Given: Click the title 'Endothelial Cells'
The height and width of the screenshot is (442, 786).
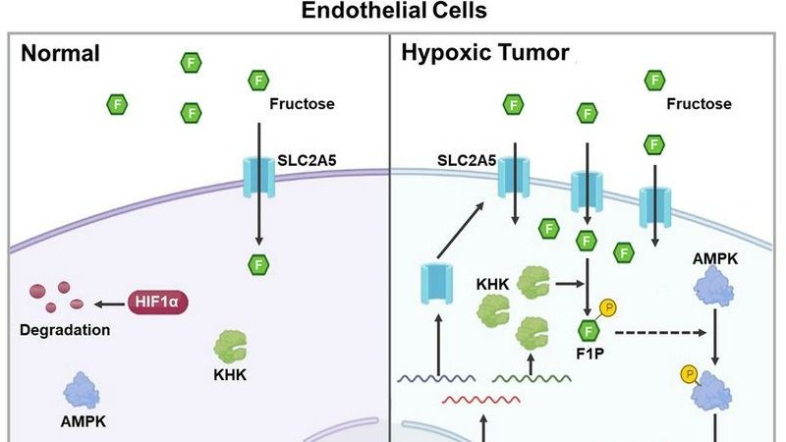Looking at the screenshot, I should pyautogui.click(x=393, y=13).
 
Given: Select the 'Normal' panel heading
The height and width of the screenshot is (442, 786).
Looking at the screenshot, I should pyautogui.click(x=60, y=53).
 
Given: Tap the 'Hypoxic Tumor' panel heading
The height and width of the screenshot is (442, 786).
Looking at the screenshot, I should pyautogui.click(x=484, y=53).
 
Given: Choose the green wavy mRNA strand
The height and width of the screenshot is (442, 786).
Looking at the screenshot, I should pyautogui.click(x=533, y=376).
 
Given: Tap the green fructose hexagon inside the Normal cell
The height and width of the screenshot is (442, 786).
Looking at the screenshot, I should pyautogui.click(x=258, y=263).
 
